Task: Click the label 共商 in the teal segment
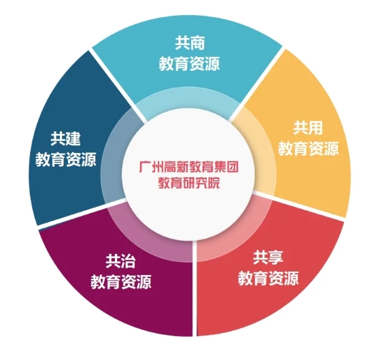click(x=190, y=43)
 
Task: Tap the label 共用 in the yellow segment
click(x=308, y=128)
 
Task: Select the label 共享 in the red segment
click(x=269, y=257)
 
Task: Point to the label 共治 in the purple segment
click(x=120, y=261)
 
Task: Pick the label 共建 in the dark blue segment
click(x=65, y=139)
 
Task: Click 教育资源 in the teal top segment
click(x=190, y=64)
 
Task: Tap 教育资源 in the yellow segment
click(x=309, y=148)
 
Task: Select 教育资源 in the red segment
click(x=269, y=278)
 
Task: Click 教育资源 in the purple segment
click(x=121, y=282)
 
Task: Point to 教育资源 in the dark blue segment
click(x=66, y=159)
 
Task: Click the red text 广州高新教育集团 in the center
click(x=189, y=167)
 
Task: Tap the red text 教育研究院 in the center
click(x=189, y=183)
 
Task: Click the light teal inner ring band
click(x=188, y=97)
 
